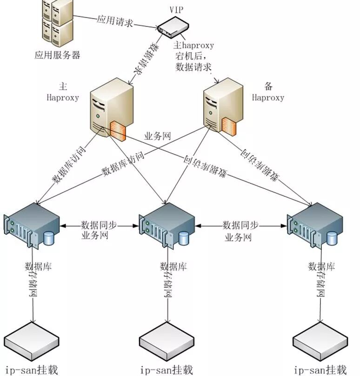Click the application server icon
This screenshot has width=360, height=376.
(56, 24)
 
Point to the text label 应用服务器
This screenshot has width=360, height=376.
(57, 55)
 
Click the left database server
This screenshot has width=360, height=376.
(33, 228)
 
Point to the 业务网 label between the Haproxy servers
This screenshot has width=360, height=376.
(158, 136)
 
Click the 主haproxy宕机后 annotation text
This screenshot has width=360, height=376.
(193, 56)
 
